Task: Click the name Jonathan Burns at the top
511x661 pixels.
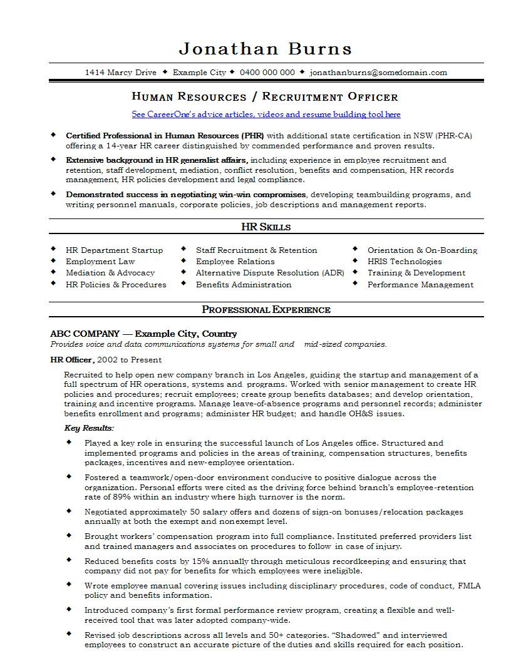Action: tap(266, 48)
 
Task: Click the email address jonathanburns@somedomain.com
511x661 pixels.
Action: tap(378, 72)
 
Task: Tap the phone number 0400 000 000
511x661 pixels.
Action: tap(267, 72)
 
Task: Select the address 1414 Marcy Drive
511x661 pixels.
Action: tap(120, 72)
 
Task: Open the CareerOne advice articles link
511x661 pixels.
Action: tap(266, 115)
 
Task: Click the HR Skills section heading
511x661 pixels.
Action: tap(266, 227)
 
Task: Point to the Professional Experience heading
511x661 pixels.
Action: tap(266, 309)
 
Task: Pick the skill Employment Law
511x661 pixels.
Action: tap(100, 262)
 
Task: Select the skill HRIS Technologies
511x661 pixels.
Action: tap(405, 262)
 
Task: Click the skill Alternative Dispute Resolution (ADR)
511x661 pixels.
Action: tap(270, 273)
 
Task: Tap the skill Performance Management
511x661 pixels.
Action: tap(420, 285)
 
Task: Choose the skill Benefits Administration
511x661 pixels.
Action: tap(244, 285)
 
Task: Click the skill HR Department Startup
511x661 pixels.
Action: tap(114, 250)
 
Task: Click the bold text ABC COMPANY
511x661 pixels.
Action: tap(85, 334)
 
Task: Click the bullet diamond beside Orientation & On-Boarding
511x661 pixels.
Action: tap(354, 249)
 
